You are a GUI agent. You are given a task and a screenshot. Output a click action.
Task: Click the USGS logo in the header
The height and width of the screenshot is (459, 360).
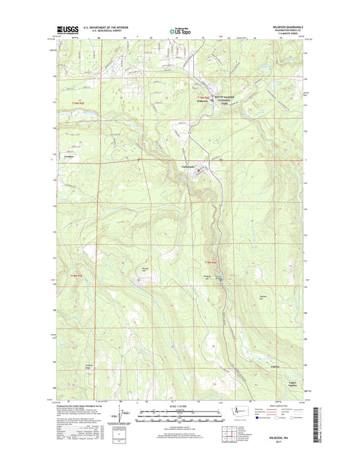(62, 30)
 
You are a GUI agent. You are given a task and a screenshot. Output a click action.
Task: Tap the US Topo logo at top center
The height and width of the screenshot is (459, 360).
(179, 30)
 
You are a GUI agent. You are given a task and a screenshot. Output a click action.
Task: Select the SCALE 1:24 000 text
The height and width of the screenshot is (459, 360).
(179, 406)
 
